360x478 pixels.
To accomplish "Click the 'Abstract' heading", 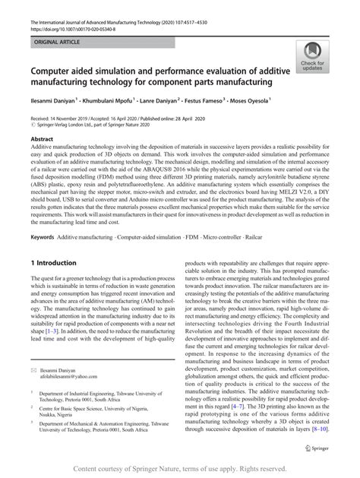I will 41,140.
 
